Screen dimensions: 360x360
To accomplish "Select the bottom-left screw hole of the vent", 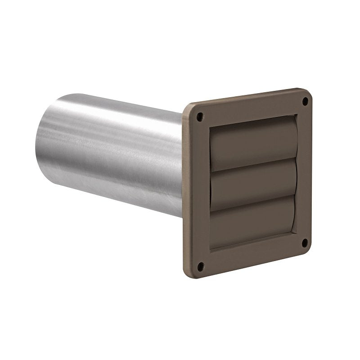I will (201, 265).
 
